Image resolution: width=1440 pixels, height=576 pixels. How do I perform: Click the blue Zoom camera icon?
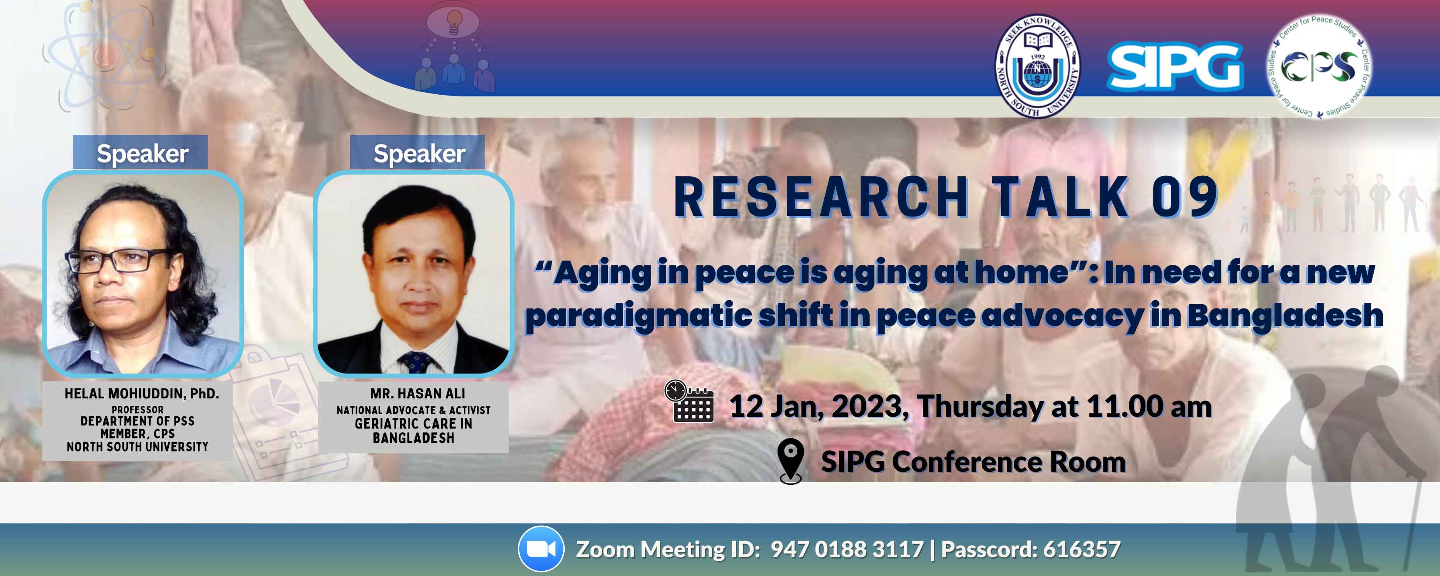point(541,549)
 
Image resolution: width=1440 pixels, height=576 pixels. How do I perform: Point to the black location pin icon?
point(790,461)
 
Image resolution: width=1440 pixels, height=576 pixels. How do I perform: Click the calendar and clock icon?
point(689,401)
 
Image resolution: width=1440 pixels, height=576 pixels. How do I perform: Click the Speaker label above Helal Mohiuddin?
point(142,153)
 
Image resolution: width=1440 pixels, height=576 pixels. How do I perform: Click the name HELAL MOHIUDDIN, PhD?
point(141,394)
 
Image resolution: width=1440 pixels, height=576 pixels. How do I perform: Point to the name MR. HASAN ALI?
point(417,394)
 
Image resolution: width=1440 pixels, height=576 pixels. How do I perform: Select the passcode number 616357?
point(1082,549)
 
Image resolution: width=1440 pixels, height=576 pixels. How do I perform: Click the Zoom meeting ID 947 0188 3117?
point(847,549)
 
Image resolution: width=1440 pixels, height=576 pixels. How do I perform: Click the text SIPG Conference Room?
point(973,462)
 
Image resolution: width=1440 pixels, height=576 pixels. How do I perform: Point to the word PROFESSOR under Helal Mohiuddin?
point(137,409)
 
